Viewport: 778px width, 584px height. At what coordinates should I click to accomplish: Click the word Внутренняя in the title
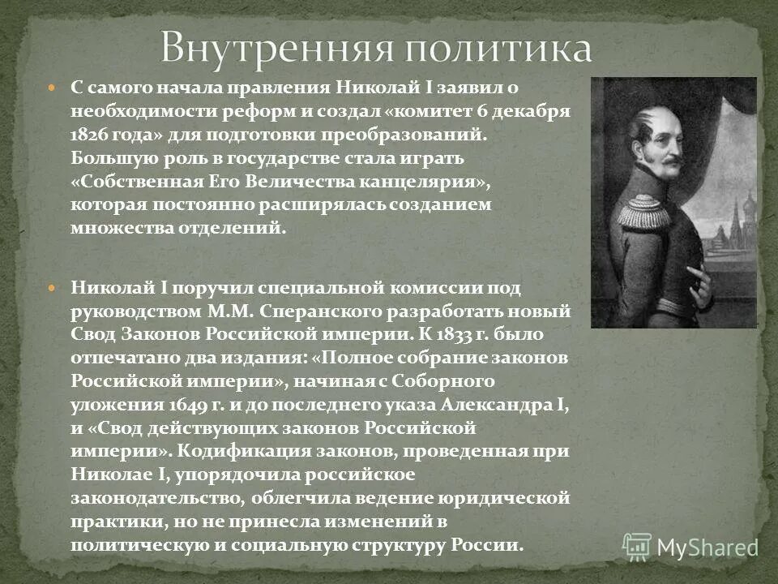click(x=263, y=48)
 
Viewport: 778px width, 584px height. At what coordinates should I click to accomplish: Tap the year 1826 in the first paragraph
click(x=90, y=131)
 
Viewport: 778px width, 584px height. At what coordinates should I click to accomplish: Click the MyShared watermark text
click(x=706, y=547)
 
